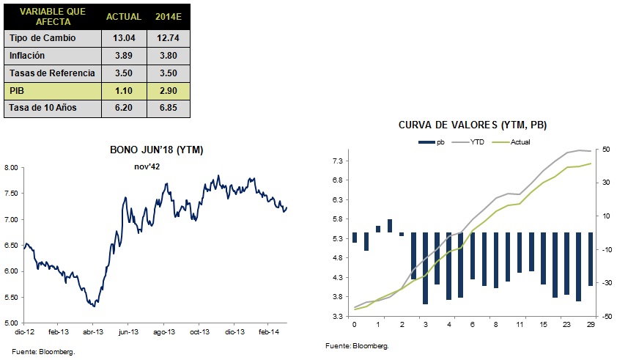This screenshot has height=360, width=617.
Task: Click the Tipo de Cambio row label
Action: [43, 38]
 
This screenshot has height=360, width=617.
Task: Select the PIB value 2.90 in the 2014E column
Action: [169, 91]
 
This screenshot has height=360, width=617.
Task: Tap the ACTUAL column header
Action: [124, 17]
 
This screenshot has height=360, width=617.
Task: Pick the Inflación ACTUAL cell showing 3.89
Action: [124, 56]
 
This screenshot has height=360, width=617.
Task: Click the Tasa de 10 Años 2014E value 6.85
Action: [169, 108]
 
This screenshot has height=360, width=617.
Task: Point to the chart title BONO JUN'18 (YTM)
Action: [157, 150]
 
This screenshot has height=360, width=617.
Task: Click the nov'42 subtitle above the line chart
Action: [147, 166]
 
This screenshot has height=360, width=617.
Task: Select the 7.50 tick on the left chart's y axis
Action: [11, 194]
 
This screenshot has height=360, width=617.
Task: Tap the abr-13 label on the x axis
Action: [93, 332]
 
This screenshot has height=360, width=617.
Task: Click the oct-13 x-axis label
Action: [199, 332]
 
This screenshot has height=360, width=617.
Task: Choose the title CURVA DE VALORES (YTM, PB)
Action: [473, 125]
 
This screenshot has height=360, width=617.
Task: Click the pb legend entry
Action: [432, 142]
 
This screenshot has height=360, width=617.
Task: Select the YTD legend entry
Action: [468, 142]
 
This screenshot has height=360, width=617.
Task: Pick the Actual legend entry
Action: [511, 142]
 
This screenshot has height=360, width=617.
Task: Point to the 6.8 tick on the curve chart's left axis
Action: [338, 180]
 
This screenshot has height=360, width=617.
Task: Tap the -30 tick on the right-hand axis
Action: [607, 283]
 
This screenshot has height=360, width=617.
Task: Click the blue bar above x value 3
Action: [425, 268]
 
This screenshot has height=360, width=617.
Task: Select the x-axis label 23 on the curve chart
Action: [566, 325]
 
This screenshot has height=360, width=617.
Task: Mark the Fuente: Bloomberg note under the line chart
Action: [43, 352]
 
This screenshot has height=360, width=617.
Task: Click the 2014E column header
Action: [169, 17]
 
